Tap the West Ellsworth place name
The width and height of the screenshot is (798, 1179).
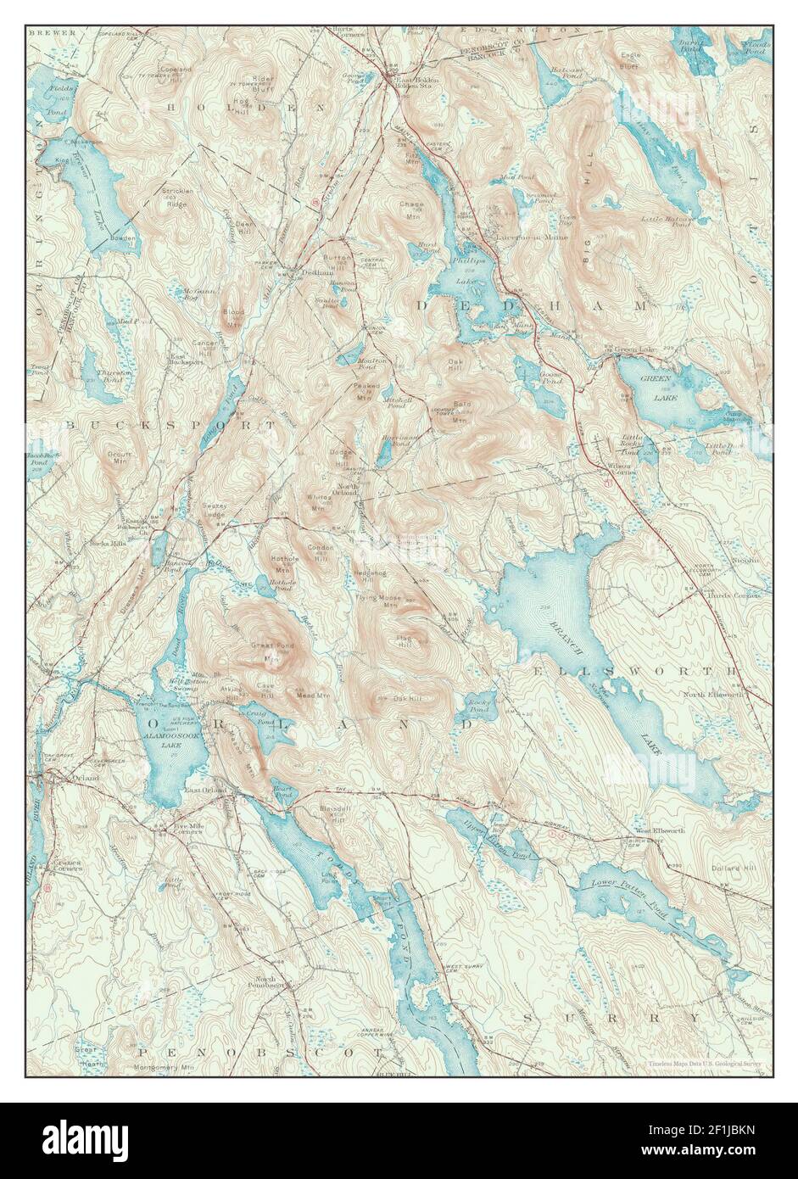(x=660, y=830)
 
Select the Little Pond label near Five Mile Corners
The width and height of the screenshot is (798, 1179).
(x=174, y=883)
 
